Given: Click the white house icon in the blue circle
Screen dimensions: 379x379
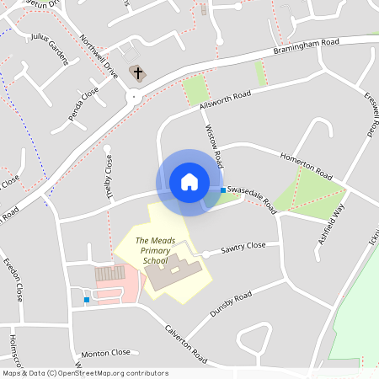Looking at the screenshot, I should [x=189, y=182].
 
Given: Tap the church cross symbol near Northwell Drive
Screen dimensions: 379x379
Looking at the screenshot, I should [x=137, y=73].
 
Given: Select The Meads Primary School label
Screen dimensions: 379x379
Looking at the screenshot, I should [x=155, y=250].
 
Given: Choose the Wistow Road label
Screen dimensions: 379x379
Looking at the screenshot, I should [x=214, y=145].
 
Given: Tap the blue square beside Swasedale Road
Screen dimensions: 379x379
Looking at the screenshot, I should [x=222, y=190].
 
